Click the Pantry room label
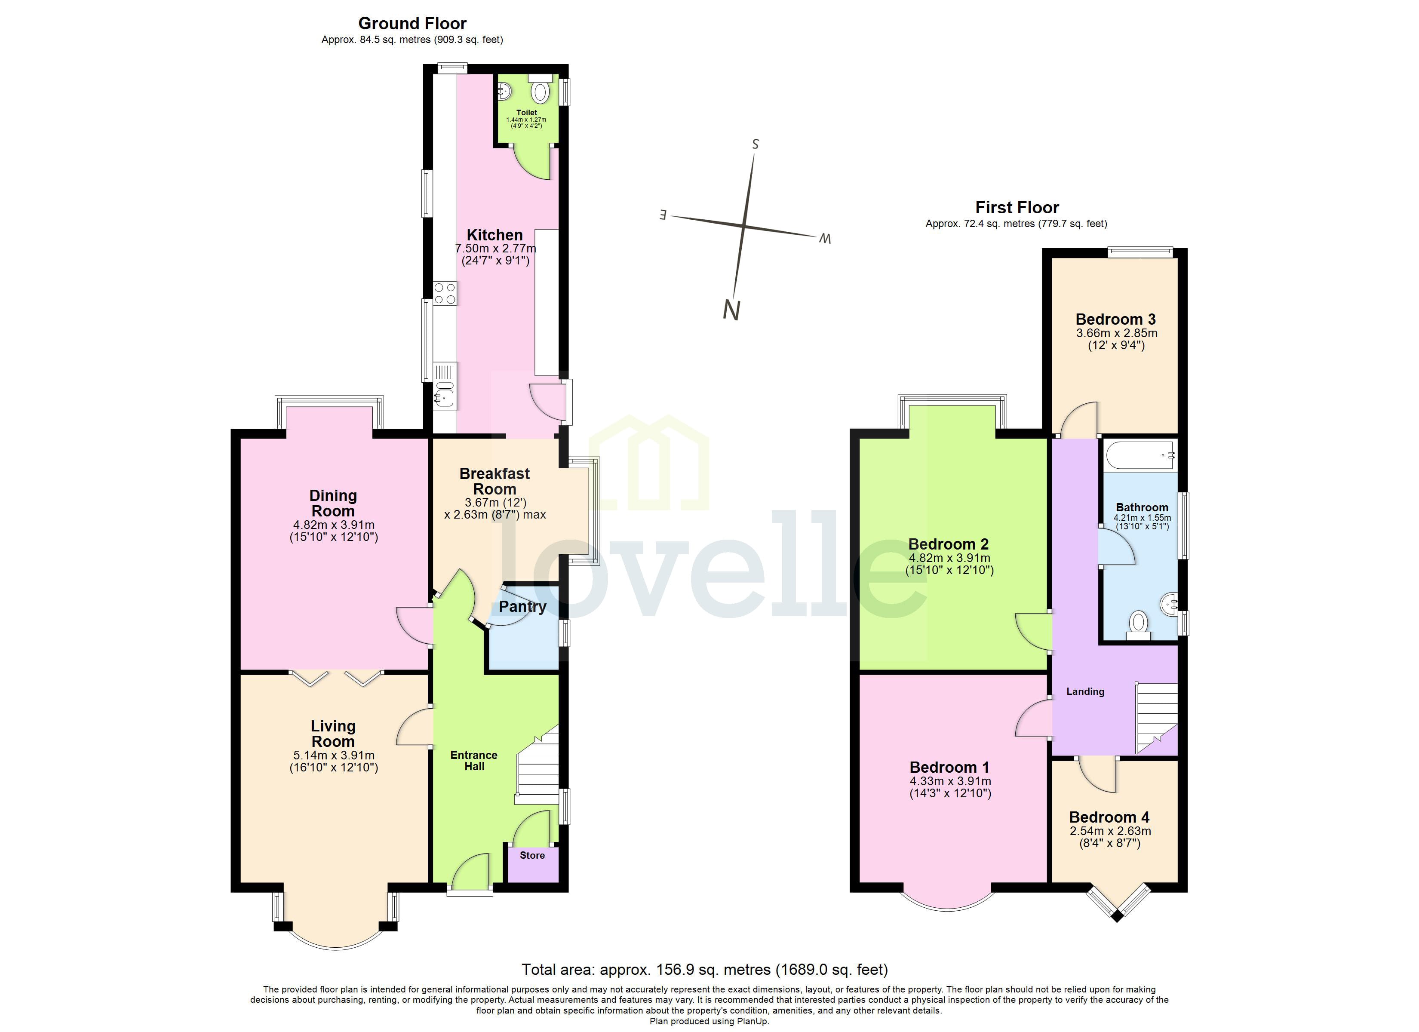(522, 606)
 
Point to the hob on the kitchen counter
(445, 294)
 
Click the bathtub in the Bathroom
(1140, 455)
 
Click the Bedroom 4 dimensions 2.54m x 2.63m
(1110, 832)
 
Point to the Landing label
(1085, 691)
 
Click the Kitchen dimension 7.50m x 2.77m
(495, 249)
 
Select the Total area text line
(704, 970)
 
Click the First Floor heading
(1017, 207)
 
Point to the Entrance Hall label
(473, 760)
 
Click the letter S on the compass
(755, 144)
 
